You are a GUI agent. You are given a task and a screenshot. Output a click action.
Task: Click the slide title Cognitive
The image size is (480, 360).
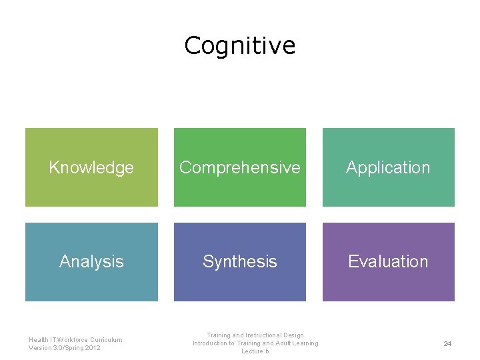coord(239,46)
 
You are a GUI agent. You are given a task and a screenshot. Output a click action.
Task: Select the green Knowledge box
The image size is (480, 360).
coord(91,187)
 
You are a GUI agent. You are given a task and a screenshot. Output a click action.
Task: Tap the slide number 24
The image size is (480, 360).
coord(447,344)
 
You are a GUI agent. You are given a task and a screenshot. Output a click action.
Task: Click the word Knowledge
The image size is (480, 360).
coord(91,167)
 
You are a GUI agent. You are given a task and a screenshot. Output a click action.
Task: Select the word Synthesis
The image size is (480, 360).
coord(239,261)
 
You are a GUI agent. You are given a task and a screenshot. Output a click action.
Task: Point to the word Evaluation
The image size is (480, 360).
coord(388,261)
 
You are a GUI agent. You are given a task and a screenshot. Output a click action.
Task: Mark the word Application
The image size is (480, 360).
coord(388,167)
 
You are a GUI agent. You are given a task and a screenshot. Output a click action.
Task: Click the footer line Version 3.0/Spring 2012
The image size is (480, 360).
coord(65,348)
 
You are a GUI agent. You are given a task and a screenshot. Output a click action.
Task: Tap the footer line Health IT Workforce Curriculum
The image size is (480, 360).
coord(75,339)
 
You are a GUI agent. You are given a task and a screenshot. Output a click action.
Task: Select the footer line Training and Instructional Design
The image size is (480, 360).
coord(255,335)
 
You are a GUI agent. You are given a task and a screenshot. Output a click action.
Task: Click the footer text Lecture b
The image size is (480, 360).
coord(255,351)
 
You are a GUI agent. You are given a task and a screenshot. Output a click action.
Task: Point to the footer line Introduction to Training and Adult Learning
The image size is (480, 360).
coord(255,343)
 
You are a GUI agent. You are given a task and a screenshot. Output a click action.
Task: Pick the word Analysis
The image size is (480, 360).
coord(91,261)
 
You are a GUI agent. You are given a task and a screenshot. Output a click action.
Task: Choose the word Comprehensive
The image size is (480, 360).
coord(239,167)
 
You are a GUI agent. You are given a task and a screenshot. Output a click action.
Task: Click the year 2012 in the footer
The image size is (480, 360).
coord(93,348)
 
